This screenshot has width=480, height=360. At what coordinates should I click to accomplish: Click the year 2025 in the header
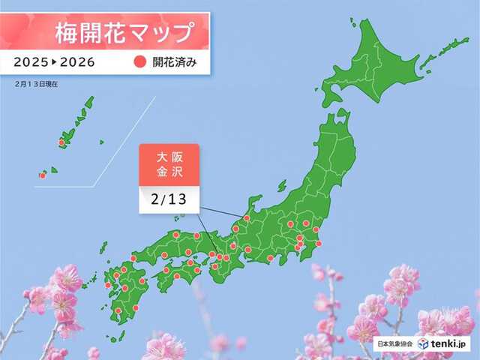(33, 62)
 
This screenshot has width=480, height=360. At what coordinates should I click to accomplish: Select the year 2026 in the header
(76, 62)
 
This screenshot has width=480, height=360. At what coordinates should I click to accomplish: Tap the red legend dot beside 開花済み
(140, 62)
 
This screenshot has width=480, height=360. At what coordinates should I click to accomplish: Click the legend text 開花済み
(175, 62)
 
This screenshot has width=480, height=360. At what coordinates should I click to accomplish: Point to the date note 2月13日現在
(35, 83)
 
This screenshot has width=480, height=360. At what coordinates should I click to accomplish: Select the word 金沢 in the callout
(168, 173)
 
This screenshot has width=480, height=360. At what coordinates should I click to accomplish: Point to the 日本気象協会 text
(396, 343)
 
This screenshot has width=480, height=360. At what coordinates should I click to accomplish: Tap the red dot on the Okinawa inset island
(61, 142)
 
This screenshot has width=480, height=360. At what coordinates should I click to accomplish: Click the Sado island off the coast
(283, 185)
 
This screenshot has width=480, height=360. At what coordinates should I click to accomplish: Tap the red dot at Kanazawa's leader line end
(246, 218)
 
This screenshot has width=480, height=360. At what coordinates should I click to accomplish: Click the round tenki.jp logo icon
(424, 343)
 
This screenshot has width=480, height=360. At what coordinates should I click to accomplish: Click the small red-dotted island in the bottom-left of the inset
(43, 175)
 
